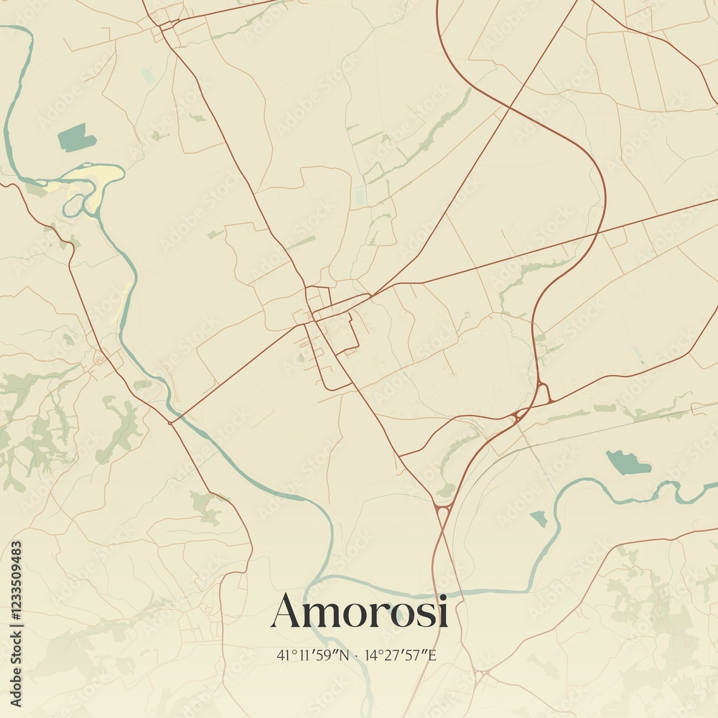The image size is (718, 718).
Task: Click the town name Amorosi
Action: tap(359, 612)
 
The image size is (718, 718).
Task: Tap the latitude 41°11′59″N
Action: tap(312, 655)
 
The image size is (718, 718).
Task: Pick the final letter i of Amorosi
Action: tap(443, 612)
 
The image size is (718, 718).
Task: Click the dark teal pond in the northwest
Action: tap(76, 137)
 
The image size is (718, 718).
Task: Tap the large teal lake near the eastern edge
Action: tap(627, 463)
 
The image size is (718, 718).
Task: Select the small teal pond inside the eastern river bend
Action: tap(538, 517)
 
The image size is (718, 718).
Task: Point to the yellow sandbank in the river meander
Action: tap(93, 179)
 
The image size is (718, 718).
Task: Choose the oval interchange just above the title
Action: tap(442, 513)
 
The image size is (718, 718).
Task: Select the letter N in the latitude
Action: tap(343, 655)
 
